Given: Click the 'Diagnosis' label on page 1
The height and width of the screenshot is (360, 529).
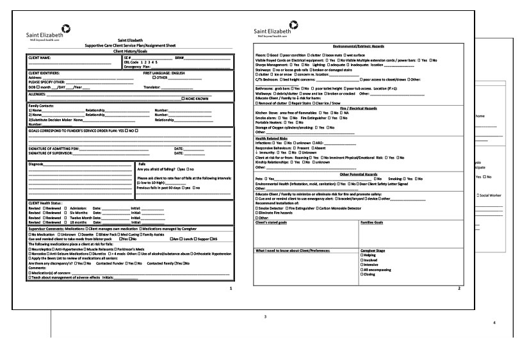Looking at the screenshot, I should point(37,164).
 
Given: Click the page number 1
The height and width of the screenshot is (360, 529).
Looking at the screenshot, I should point(230,289).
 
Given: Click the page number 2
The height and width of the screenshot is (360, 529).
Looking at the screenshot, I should point(459,289).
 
